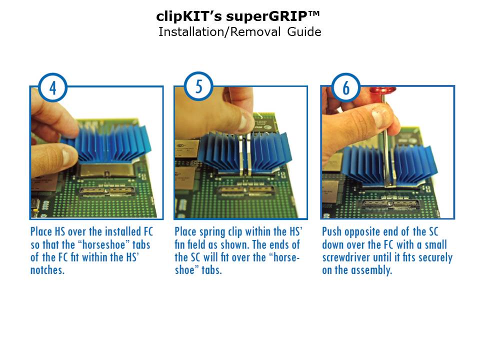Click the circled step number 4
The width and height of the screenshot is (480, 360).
tap(52, 88)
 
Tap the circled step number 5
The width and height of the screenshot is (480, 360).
tap(198, 86)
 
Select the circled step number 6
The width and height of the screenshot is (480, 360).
tap(346, 88)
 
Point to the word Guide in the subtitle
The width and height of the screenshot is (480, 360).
tap(304, 32)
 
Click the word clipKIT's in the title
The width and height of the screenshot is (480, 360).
tap(189, 16)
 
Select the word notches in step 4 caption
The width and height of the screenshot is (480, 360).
tap(47, 270)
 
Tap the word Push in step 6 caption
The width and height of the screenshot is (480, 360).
tap(331, 231)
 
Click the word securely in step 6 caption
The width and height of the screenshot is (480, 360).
tap(435, 258)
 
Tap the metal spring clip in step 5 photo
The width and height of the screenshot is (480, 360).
tap(245, 154)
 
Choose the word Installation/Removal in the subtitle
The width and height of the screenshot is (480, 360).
tap(219, 32)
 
